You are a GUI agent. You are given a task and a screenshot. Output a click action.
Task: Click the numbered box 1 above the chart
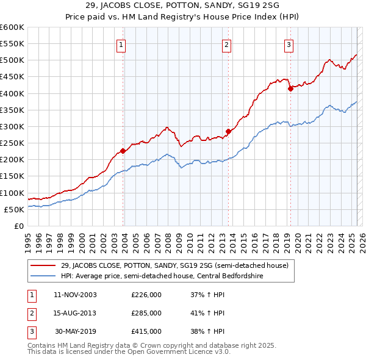[x=121, y=44]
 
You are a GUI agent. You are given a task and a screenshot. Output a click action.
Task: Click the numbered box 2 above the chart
[x=226, y=44]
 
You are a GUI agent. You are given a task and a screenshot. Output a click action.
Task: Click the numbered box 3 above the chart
[x=289, y=44]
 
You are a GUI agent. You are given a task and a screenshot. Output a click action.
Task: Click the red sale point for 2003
[x=123, y=151]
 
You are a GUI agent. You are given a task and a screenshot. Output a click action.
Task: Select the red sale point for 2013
[x=228, y=131]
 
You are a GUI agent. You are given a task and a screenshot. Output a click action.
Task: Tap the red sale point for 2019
[x=290, y=88]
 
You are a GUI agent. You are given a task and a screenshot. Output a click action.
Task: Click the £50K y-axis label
[x=14, y=209]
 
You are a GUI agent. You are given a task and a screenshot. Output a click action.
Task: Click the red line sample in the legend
[x=43, y=265]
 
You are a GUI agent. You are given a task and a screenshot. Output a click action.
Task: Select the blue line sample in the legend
[x=43, y=276]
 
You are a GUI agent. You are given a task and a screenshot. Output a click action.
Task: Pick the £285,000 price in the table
[x=146, y=313]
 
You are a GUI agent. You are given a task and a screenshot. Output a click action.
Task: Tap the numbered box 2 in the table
[x=30, y=313]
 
